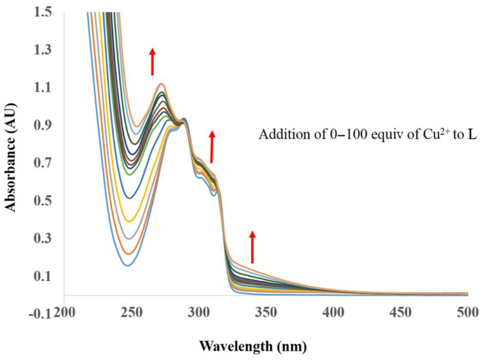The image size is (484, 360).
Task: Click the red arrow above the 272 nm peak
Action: [x=152, y=61]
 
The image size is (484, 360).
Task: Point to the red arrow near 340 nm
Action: [x=252, y=246]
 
